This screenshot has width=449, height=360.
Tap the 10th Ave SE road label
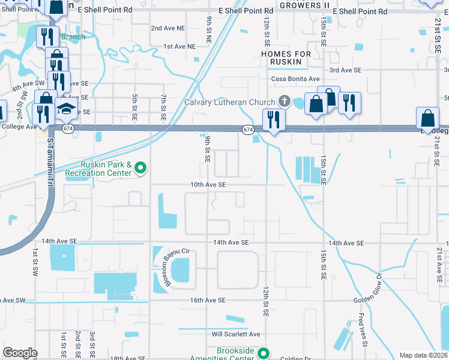click(x=208, y=185)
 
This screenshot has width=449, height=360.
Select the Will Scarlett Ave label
click(x=236, y=334)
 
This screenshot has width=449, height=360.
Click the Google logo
click(x=20, y=353)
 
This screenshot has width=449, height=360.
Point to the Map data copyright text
click(x=423, y=355)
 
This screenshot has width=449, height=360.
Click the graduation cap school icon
click(x=67, y=109)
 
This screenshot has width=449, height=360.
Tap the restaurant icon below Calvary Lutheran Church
click(x=273, y=119)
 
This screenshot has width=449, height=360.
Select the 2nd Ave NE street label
click(x=168, y=28)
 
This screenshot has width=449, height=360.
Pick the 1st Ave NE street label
click(x=179, y=46)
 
